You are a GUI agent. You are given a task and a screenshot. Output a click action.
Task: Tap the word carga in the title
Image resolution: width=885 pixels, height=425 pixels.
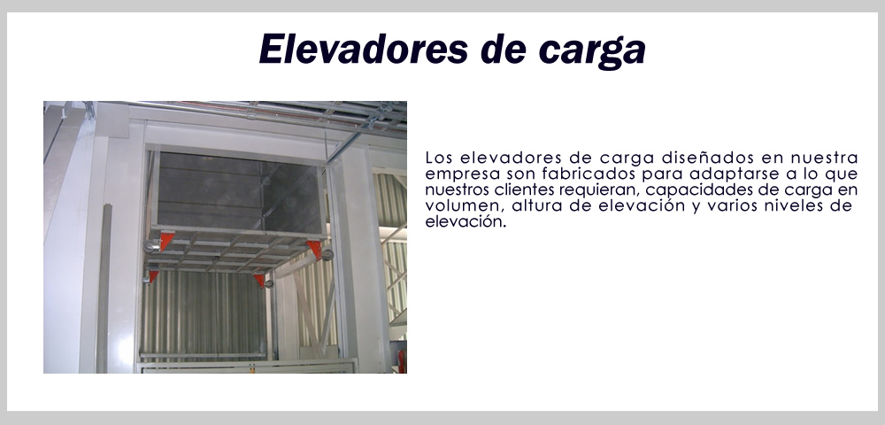592,50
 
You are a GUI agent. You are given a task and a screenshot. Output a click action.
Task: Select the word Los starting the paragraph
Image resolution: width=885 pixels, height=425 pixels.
439,157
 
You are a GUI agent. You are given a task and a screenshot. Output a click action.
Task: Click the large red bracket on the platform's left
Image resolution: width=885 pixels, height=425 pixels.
165,241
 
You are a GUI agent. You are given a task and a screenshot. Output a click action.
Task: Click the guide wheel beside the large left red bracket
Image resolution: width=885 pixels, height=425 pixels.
151,246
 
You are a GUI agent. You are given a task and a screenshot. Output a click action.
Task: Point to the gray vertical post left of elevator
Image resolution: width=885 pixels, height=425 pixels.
104,289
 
